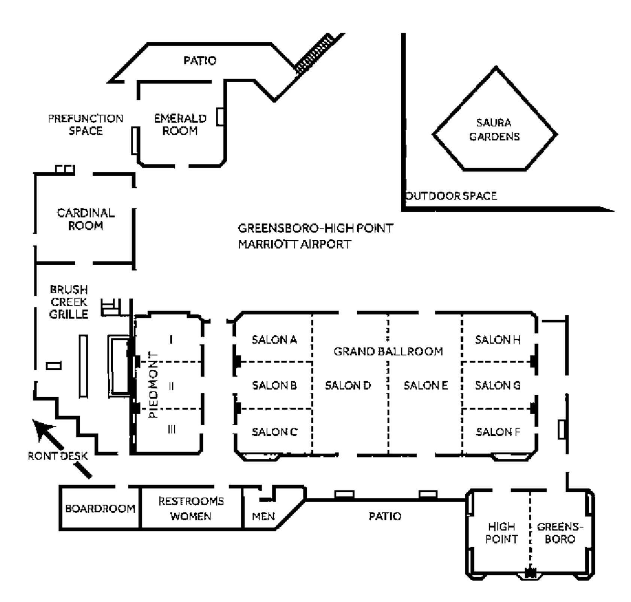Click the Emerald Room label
click(x=180, y=124)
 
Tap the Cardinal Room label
click(x=86, y=219)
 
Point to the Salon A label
click(x=274, y=340)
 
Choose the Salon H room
click(x=498, y=340)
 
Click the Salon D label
click(x=348, y=385)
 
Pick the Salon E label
click(x=425, y=385)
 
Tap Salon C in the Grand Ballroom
click(x=274, y=432)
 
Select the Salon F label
click(x=498, y=432)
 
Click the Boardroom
click(x=100, y=509)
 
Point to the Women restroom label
click(x=191, y=516)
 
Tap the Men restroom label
click(x=263, y=517)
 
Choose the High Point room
click(x=501, y=533)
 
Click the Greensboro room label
click(x=560, y=533)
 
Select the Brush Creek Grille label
click(x=69, y=302)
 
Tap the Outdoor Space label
click(x=452, y=196)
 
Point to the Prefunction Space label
click(x=85, y=125)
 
